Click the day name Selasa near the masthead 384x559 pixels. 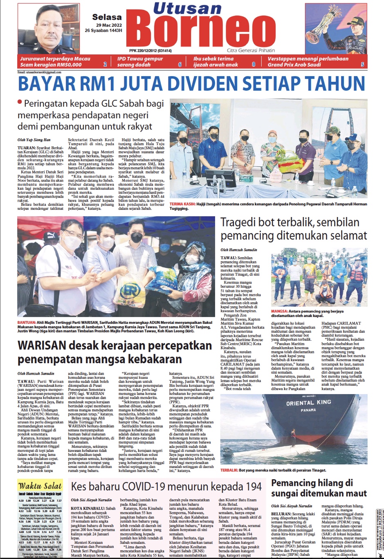[x=107, y=17]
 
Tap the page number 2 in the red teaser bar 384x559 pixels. [x=105, y=65]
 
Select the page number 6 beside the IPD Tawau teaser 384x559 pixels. [x=180, y=65]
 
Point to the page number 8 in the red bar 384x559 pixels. [x=253, y=65]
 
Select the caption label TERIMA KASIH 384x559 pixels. [x=182, y=203]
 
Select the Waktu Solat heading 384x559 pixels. [x=40, y=486]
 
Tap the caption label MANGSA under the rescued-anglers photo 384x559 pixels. [x=280, y=311]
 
